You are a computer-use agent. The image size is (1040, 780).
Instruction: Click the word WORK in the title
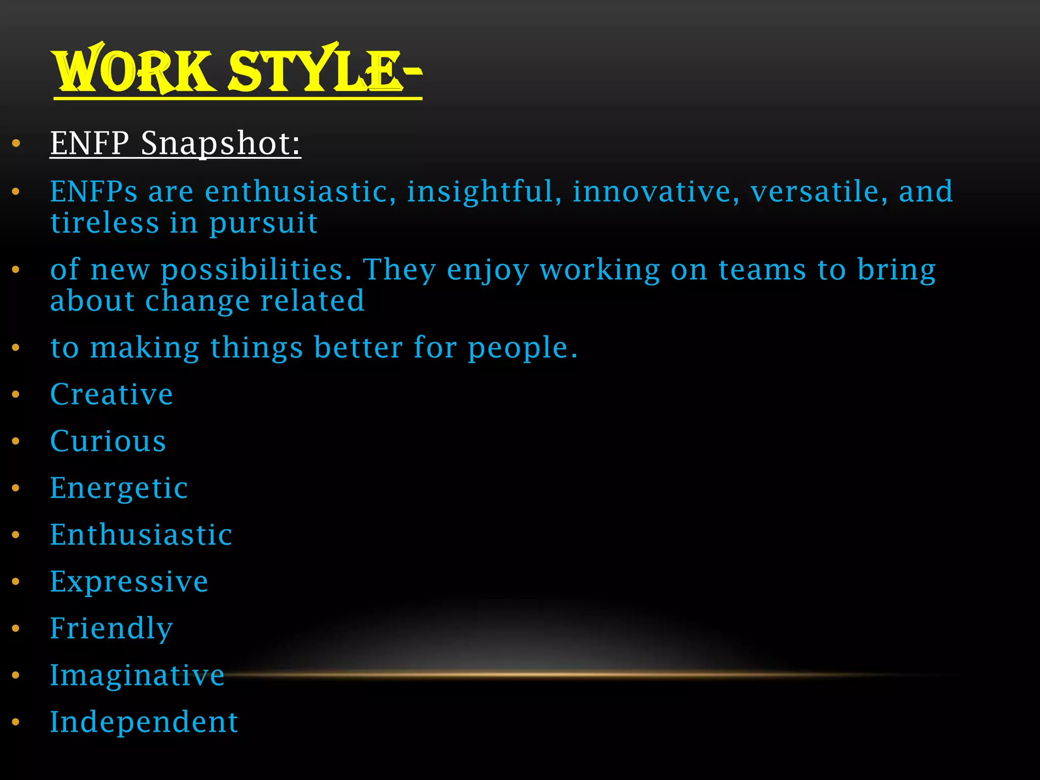[x=133, y=71]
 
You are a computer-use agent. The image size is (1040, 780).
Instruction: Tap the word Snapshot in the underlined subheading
[x=220, y=143]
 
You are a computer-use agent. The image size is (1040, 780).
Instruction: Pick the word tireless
[x=105, y=223]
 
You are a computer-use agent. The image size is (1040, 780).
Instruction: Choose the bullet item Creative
[x=112, y=395]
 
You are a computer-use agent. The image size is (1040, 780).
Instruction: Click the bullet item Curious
[x=108, y=441]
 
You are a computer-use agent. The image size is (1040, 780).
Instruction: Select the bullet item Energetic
[x=119, y=489]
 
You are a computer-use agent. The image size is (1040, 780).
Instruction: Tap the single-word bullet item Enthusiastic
[x=141, y=535]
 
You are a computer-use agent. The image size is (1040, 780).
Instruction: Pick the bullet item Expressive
[x=129, y=582]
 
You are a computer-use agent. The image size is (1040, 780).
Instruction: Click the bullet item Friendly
[x=112, y=629]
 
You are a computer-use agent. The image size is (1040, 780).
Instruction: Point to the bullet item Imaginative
[x=137, y=676]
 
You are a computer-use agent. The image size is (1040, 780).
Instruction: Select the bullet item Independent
[x=144, y=722]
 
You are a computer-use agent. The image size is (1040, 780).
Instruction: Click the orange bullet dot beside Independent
[x=16, y=722]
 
